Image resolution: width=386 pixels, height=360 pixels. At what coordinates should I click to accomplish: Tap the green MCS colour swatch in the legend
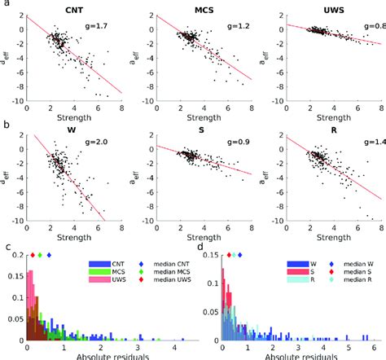point(94,272)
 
